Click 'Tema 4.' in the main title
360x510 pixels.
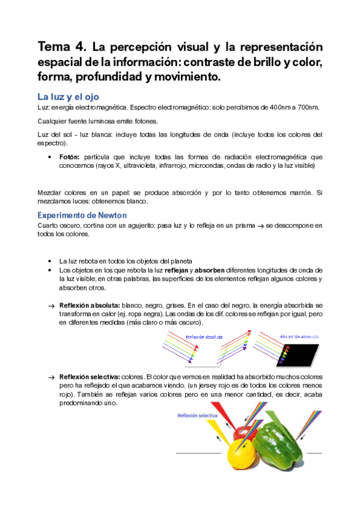click(59, 47)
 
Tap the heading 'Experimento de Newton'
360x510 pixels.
click(82, 215)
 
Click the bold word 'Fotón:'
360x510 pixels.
click(71, 156)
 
